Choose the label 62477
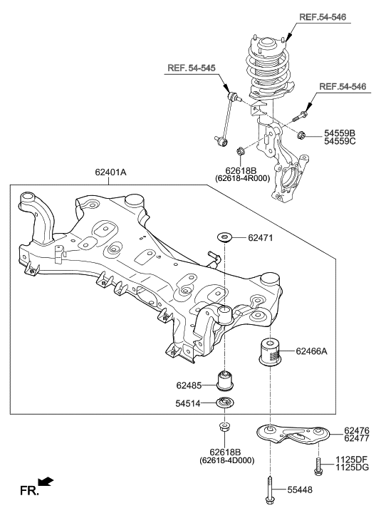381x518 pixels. pyautogui.click(x=356, y=440)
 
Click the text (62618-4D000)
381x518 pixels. pyautogui.click(x=226, y=461)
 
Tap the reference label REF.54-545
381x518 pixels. pyautogui.click(x=192, y=68)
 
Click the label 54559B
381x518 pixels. pyautogui.click(x=340, y=133)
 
